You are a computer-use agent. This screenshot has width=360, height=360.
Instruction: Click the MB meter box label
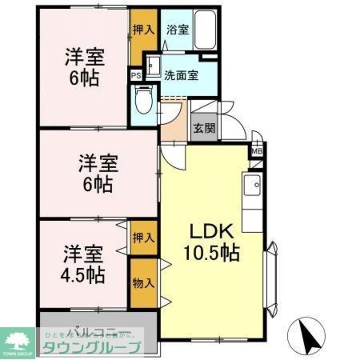tap(257, 151)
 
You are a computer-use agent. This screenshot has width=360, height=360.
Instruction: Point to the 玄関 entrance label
tap(204, 129)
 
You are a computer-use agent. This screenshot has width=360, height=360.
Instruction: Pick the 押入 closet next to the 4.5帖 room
tap(144, 238)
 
